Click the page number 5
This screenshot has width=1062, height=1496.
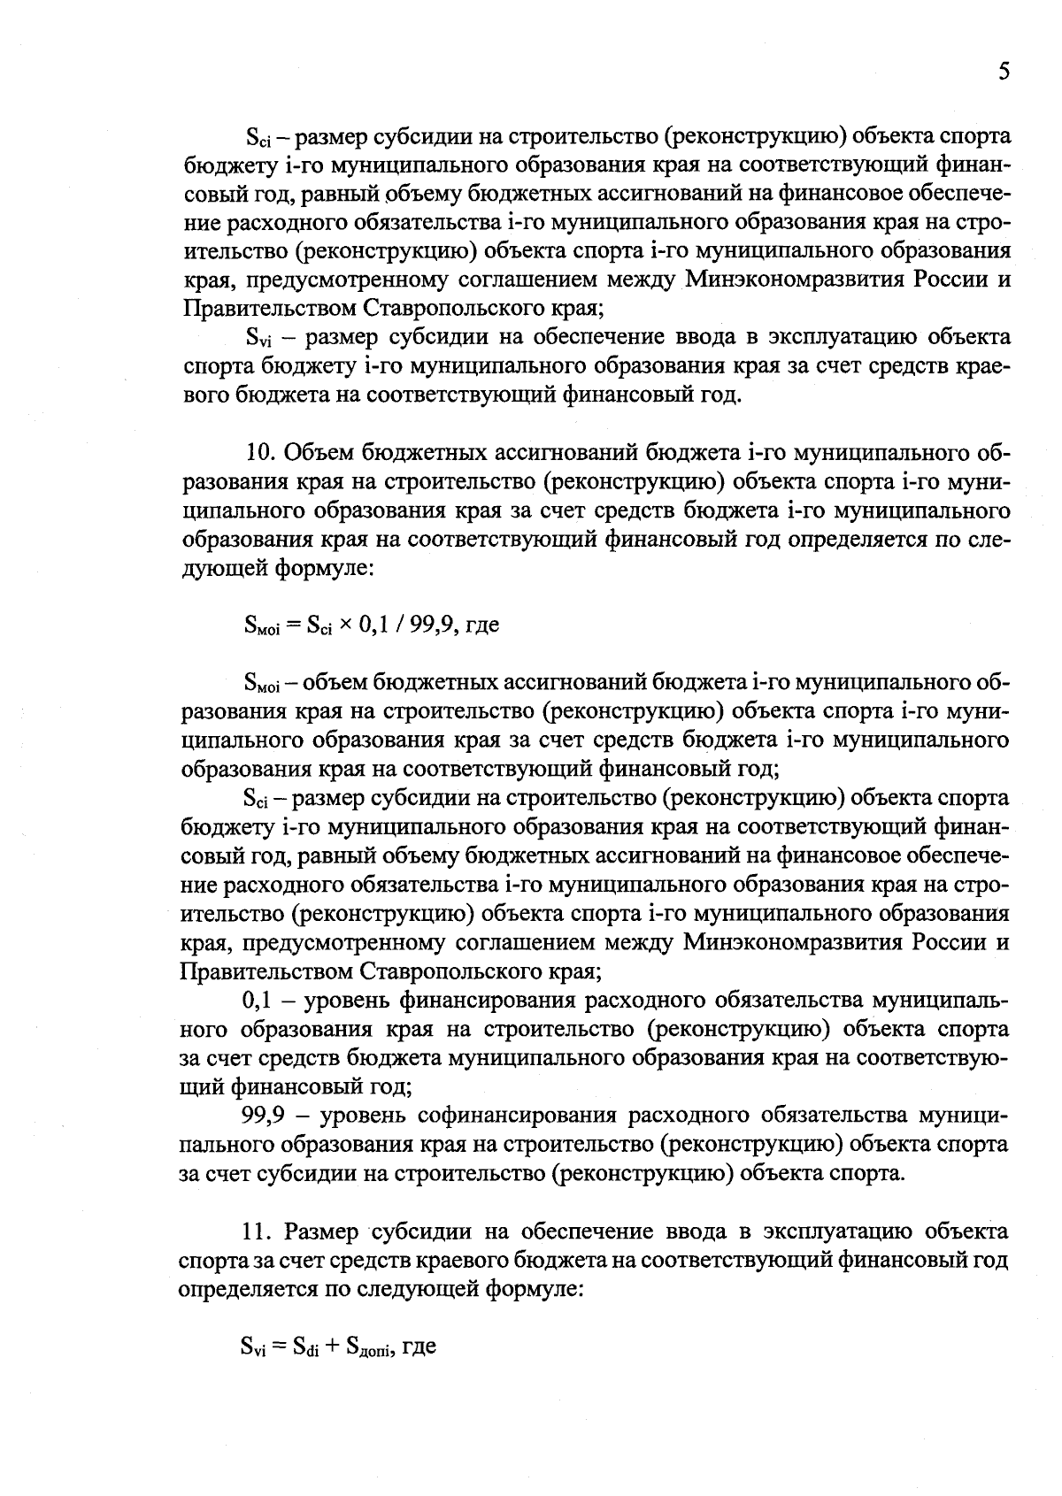(x=1003, y=72)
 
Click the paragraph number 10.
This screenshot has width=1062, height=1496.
(x=261, y=453)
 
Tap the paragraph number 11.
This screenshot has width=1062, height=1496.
(x=259, y=1231)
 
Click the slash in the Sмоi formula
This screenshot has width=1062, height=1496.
(x=400, y=625)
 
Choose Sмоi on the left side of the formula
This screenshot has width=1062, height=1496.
(x=261, y=626)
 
